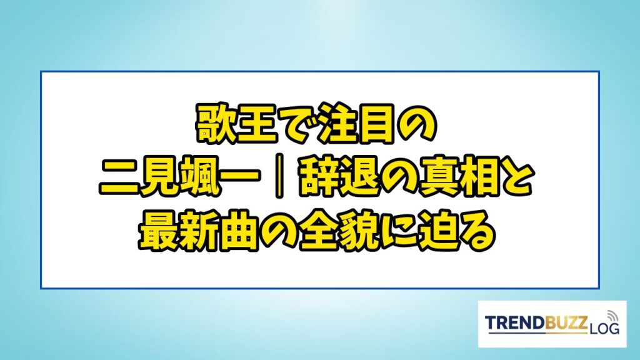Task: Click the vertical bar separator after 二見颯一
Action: (279, 178)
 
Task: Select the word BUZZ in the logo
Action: (567, 323)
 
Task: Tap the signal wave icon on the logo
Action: (612, 316)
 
